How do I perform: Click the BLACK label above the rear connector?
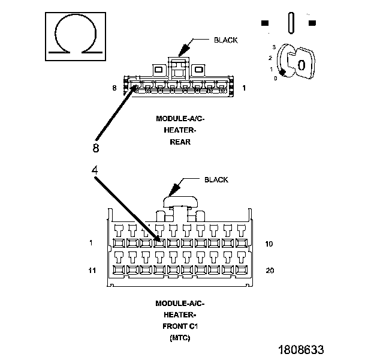click(225, 40)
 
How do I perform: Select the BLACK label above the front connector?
click(216, 180)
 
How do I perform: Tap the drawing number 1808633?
click(301, 350)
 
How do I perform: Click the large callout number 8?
click(96, 148)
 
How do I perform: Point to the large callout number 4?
click(95, 170)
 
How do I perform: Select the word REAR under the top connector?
click(180, 142)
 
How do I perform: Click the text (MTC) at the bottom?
click(180, 338)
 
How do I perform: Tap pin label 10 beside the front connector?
click(269, 244)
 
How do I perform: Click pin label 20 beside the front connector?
click(270, 271)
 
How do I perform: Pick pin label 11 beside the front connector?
click(92, 271)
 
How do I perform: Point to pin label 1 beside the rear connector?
click(244, 88)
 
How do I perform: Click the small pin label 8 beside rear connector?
click(114, 88)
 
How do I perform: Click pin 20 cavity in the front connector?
click(242, 270)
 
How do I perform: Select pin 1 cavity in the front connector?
click(119, 243)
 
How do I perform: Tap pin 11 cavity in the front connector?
click(119, 270)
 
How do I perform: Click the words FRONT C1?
click(180, 326)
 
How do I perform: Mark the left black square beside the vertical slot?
click(265, 23)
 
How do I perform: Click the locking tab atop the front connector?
click(180, 202)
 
